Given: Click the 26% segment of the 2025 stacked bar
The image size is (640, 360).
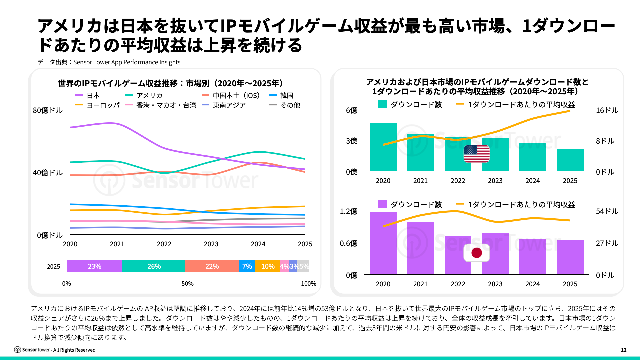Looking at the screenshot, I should coord(154,266).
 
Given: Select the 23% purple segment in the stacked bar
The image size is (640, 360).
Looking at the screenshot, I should coord(95,266).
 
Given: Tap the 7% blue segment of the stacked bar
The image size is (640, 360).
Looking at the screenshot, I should coord(247,266).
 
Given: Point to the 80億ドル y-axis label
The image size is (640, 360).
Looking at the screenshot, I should coord(48,110).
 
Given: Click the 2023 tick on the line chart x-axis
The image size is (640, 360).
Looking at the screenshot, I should coord(211,244).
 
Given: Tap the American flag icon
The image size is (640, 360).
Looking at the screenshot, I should coord(477,154).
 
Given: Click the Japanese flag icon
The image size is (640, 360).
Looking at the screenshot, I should coord(477,253).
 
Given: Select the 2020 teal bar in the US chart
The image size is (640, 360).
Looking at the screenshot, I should coord(383,147).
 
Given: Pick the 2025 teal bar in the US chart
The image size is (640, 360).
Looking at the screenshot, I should coord(570,160).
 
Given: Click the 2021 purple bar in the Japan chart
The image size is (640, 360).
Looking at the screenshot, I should coord(421,248).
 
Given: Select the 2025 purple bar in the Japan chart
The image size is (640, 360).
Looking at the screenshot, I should coord(570,257).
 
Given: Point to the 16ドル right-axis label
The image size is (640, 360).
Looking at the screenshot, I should coord(607,110).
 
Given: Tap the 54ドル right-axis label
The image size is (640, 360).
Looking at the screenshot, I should coord(607,211).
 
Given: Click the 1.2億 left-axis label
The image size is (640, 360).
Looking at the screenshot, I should coord(348,211).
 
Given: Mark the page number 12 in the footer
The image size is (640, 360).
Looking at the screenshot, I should coord(624,350).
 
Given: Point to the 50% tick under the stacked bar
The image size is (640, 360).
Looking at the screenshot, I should coord(187,284).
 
